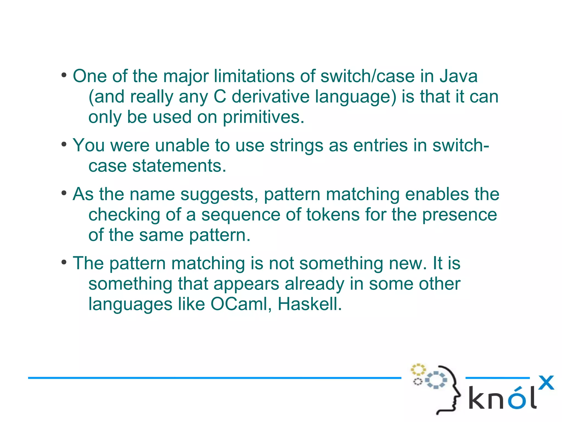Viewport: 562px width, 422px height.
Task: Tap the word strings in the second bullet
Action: point(296,145)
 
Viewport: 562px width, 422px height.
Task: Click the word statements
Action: point(179,166)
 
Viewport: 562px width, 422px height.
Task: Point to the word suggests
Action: point(219,194)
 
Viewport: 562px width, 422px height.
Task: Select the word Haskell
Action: point(310,304)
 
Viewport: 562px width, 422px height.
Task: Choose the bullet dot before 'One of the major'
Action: point(64,75)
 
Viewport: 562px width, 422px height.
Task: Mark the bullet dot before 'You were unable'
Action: point(64,144)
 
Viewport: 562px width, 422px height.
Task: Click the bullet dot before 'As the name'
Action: point(64,193)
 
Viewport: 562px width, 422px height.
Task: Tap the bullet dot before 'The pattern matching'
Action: point(64,262)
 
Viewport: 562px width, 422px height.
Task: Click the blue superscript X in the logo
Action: point(546,383)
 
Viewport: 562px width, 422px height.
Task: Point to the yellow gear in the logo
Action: point(418,370)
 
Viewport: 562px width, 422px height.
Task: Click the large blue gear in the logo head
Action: point(436,380)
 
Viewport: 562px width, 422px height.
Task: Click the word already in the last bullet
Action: point(314,284)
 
